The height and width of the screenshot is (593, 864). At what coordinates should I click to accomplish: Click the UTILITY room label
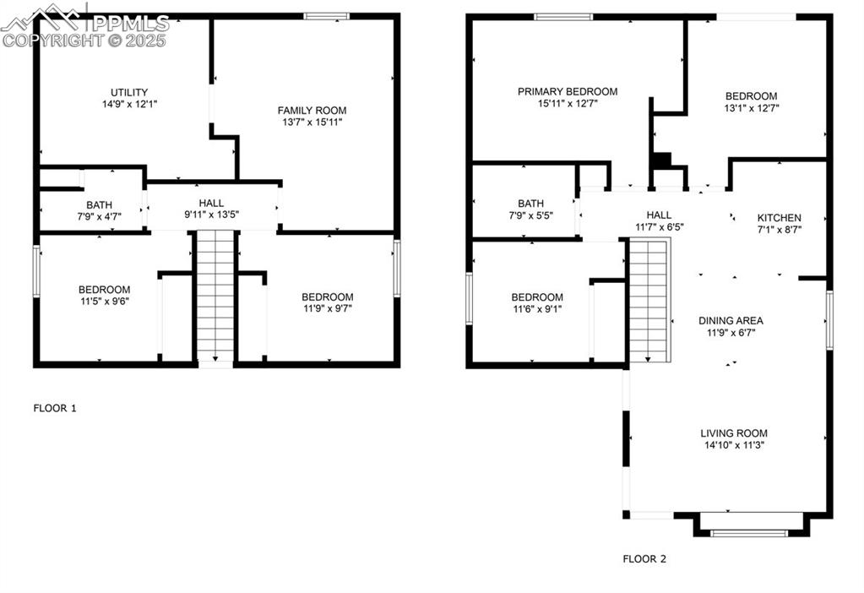tap(129, 92)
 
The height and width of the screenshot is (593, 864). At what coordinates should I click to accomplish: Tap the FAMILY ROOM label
tap(312, 110)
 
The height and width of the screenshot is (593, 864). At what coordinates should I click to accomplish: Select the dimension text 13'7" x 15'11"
tap(312, 122)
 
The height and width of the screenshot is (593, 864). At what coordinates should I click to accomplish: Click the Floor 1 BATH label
tap(100, 205)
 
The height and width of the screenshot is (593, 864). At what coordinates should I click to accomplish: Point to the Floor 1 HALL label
tap(211, 203)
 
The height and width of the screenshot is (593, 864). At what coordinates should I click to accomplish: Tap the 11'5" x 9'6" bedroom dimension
tap(104, 302)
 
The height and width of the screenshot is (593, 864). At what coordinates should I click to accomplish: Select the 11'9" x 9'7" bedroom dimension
tap(328, 309)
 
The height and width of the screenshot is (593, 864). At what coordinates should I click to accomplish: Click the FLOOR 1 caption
tap(55, 408)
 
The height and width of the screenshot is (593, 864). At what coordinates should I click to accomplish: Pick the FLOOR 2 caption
tap(644, 558)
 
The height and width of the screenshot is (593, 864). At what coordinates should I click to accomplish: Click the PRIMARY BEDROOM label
tap(568, 91)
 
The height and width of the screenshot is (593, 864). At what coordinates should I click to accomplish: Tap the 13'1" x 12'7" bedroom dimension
tap(751, 108)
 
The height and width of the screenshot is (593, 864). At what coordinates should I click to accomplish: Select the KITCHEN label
tap(779, 217)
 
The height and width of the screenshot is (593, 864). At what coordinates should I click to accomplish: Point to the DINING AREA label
tap(731, 320)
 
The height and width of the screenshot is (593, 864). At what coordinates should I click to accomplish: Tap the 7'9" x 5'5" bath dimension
tap(531, 215)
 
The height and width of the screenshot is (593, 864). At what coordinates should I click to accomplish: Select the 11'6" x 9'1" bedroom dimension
tap(537, 309)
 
